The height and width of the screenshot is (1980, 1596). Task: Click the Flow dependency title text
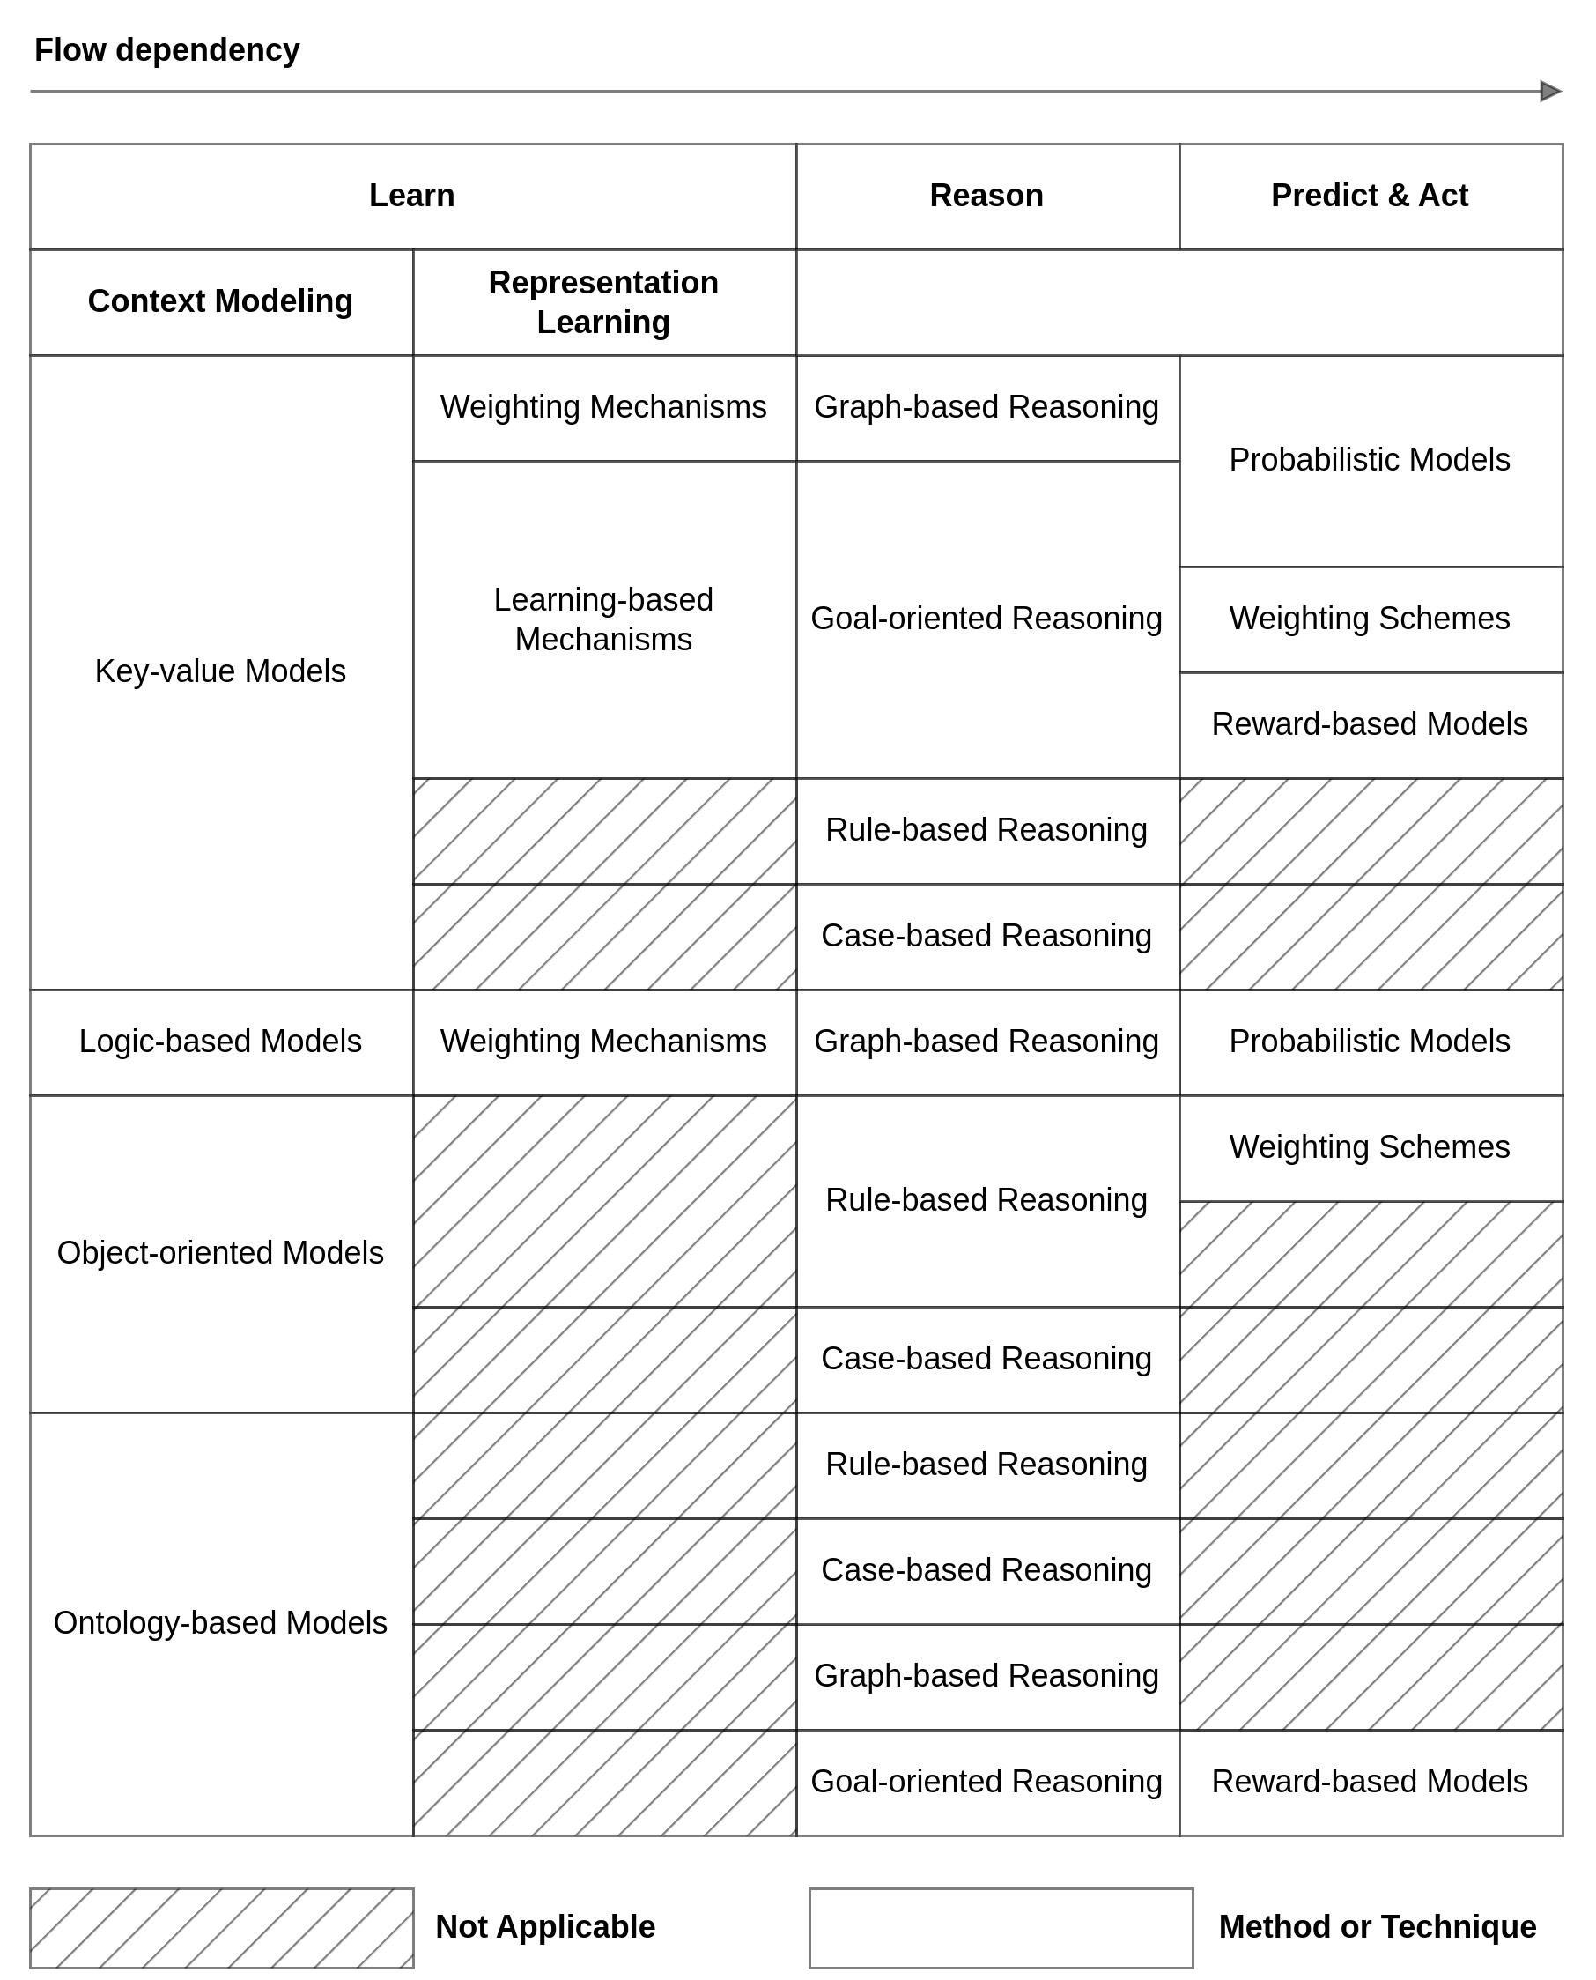pos(166,49)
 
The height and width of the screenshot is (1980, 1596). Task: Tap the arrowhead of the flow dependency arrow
pos(1550,91)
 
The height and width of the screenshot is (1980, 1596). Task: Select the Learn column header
pos(412,196)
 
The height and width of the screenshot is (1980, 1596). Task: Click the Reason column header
pos(986,196)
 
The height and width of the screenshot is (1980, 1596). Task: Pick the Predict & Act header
pos(1369,196)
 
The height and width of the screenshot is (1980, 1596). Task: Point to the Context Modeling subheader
pos(221,301)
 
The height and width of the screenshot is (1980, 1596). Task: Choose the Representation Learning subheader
pos(603,301)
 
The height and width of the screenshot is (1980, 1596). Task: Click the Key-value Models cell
pos(221,671)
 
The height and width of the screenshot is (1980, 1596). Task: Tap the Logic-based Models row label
pos(221,1041)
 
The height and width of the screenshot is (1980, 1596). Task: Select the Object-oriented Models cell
pos(221,1252)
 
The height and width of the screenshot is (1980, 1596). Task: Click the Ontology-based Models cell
pos(221,1623)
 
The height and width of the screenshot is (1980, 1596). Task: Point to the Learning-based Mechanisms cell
pos(603,619)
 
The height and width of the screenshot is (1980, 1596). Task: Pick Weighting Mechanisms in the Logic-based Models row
pos(603,1041)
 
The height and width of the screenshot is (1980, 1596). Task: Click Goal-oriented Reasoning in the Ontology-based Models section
pos(986,1782)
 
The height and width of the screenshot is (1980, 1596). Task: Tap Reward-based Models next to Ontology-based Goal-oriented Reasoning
pos(1369,1782)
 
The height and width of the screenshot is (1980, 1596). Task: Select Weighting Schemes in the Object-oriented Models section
pos(1369,1146)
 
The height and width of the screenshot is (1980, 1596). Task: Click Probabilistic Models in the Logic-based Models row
pos(1369,1041)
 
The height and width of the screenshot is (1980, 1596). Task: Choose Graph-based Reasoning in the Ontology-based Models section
pos(986,1676)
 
